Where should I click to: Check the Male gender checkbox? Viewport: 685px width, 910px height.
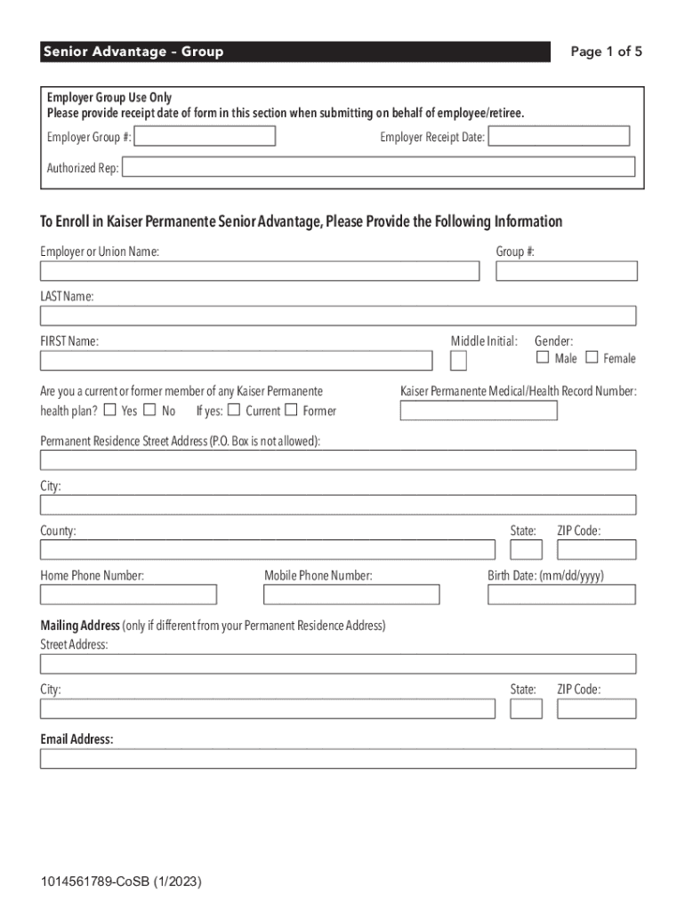pyautogui.click(x=543, y=357)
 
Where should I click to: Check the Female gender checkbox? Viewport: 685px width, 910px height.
pyautogui.click(x=592, y=357)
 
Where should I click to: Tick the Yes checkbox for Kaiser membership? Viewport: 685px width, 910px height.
pyautogui.click(x=109, y=410)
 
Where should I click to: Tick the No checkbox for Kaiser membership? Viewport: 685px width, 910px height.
pyautogui.click(x=149, y=410)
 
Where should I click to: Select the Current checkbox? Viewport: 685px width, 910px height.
pyautogui.click(x=233, y=410)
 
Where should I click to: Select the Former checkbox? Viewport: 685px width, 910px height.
pyautogui.click(x=291, y=410)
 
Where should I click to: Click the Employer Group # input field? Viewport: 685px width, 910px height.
pyautogui.click(x=205, y=136)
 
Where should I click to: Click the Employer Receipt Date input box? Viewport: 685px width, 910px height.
pyautogui.click(x=559, y=136)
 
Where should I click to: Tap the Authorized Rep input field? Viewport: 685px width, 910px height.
pyautogui.click(x=379, y=167)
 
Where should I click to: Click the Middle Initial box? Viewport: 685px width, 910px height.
pyautogui.click(x=458, y=361)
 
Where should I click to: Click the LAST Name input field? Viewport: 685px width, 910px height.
pyautogui.click(x=338, y=315)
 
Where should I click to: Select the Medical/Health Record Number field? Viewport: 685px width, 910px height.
pyautogui.click(x=479, y=411)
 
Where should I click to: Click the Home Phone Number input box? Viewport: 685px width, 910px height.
pyautogui.click(x=128, y=595)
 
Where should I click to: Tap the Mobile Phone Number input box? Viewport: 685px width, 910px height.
pyautogui.click(x=351, y=595)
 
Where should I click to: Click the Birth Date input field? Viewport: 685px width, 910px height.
pyautogui.click(x=562, y=595)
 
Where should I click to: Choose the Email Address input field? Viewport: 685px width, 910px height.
pyautogui.click(x=338, y=758)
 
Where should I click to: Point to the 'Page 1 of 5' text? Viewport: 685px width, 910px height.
pyautogui.click(x=606, y=52)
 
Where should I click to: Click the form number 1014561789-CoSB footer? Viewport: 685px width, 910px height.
pyautogui.click(x=120, y=882)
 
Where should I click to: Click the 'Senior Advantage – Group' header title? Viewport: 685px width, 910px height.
pyautogui.click(x=133, y=52)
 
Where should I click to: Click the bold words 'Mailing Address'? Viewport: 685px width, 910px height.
pyautogui.click(x=80, y=626)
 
